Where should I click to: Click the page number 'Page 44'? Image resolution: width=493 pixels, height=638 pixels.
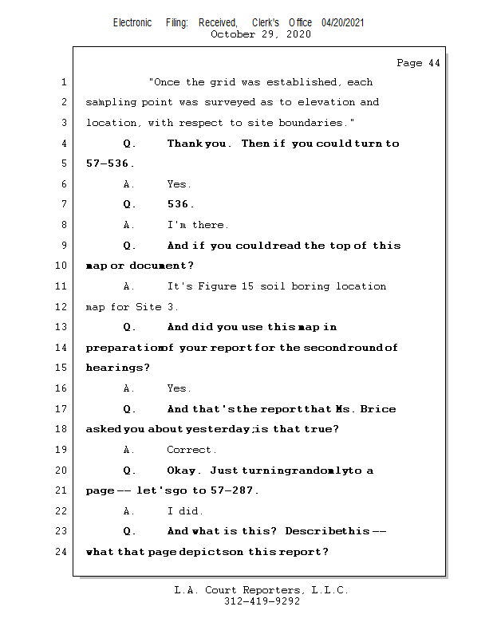[418, 63]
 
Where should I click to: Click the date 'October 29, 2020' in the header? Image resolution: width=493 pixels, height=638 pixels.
[260, 34]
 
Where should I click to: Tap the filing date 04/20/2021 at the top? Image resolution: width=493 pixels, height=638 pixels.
[343, 23]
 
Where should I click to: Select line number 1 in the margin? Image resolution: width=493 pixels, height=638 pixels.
[63, 82]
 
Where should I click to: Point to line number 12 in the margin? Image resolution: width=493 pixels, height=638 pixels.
[61, 307]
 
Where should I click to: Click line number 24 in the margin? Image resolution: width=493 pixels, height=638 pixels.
[61, 552]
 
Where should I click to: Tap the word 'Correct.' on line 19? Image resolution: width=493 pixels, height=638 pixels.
[191, 450]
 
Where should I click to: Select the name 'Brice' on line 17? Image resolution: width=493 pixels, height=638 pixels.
[378, 409]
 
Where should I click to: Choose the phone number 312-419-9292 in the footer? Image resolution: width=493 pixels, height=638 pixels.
[262, 602]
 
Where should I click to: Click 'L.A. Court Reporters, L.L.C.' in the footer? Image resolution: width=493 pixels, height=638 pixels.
[261, 591]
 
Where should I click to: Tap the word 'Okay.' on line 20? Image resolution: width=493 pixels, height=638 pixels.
[185, 471]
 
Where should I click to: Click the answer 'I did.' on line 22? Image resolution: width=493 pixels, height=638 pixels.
[185, 511]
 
